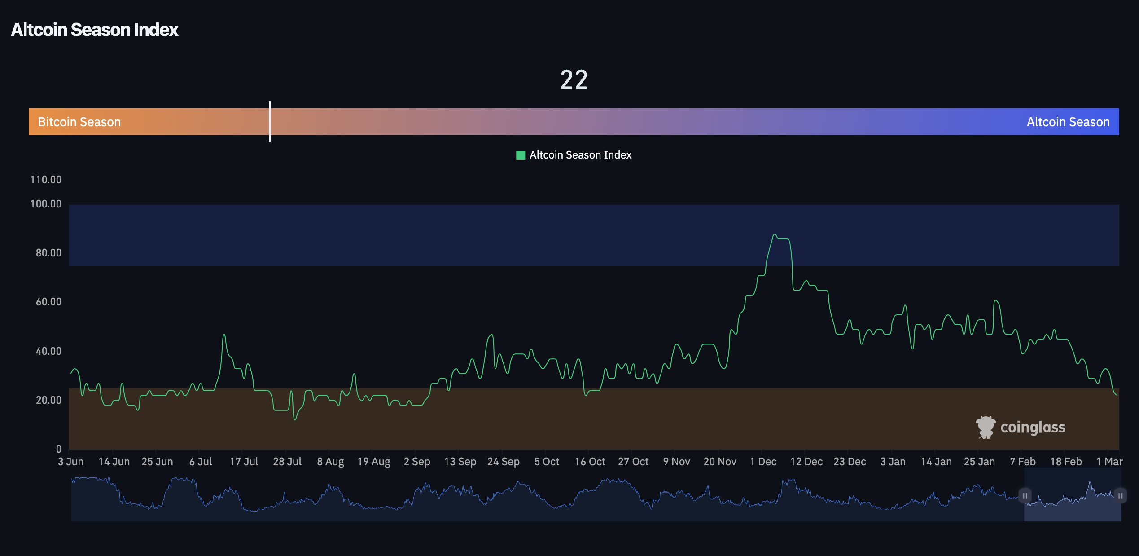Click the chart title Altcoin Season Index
[95, 30]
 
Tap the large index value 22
[574, 80]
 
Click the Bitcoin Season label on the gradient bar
[79, 122]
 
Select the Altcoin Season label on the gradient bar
[1068, 122]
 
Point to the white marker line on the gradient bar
[270, 121]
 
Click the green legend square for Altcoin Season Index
[521, 155]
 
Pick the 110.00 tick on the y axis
[46, 180]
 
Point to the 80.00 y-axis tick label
[48, 253]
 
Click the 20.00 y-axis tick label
[48, 400]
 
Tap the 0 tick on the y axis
[59, 449]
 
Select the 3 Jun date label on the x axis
[71, 462]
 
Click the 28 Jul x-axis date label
[287, 462]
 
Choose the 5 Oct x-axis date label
[547, 462]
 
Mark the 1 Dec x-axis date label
[763, 462]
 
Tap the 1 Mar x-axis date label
[1109, 462]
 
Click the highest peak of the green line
[775, 234]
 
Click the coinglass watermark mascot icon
[986, 427]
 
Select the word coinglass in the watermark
[1033, 427]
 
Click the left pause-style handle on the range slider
[1025, 495]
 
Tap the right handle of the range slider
[1120, 495]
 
